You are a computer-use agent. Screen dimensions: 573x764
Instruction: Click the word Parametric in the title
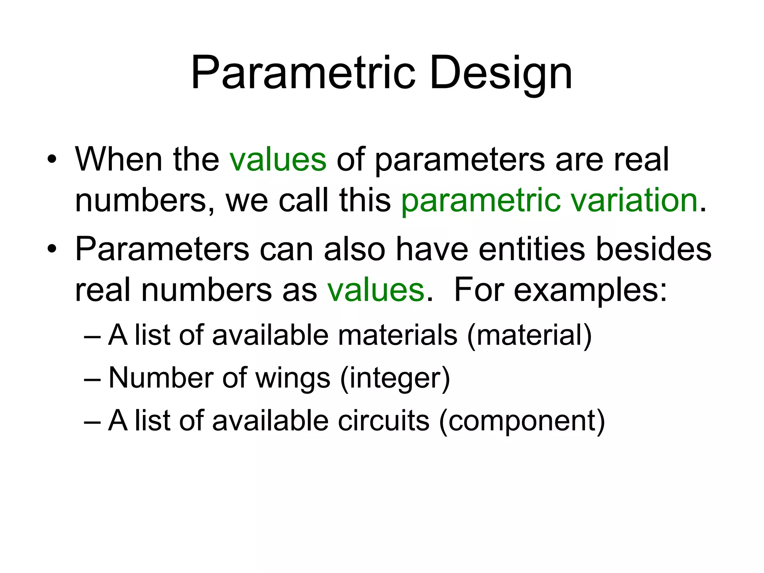(x=303, y=73)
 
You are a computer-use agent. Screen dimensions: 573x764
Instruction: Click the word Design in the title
(x=501, y=73)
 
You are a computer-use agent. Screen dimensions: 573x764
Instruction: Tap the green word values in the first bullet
(x=278, y=160)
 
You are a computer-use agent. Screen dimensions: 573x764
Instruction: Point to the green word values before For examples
(x=376, y=290)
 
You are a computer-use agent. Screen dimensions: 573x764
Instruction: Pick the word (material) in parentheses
(x=529, y=335)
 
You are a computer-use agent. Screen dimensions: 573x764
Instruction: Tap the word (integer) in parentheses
(x=395, y=378)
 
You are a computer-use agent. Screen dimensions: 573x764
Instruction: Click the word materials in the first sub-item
(x=397, y=335)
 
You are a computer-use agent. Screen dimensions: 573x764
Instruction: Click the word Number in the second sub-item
(x=161, y=378)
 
